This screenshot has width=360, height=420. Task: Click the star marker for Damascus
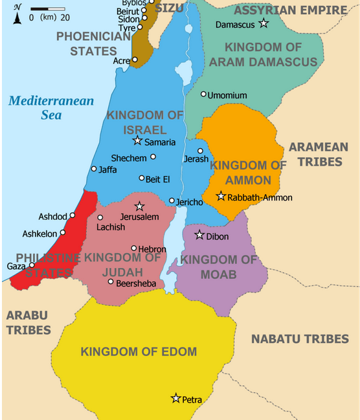[264, 23]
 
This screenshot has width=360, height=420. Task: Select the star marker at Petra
[175, 399]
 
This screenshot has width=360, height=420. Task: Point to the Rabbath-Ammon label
[260, 197]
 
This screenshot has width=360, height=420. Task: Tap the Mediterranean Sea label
[51, 107]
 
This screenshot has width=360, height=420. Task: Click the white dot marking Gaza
[32, 265]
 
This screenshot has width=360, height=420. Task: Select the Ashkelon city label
[40, 233]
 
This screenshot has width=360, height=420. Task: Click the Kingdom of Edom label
[139, 352]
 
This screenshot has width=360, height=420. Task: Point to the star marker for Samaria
[137, 141]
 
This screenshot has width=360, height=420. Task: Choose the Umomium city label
[227, 96]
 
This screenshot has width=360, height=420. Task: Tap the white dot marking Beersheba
[111, 282]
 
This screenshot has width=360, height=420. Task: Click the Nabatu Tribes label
[300, 338]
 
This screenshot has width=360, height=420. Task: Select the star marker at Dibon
[199, 235]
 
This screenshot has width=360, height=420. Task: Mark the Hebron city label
[153, 249]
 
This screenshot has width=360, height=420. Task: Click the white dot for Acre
[135, 60]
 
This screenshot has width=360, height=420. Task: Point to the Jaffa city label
[107, 169]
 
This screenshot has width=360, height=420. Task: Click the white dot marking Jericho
[172, 201]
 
